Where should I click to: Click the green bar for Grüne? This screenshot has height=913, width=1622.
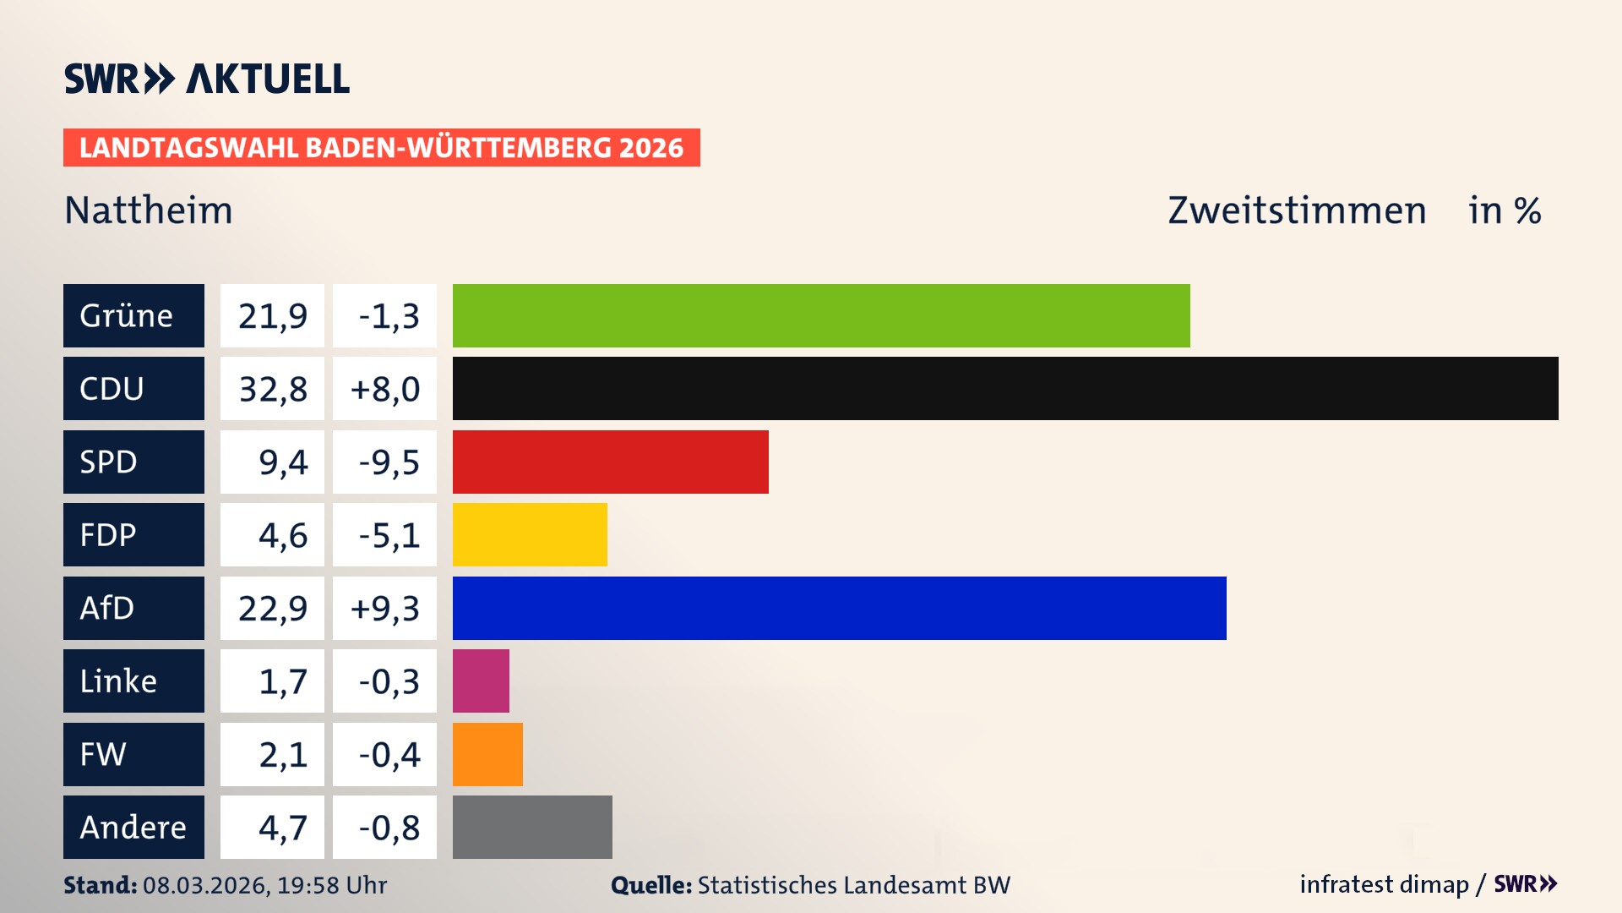tap(821, 315)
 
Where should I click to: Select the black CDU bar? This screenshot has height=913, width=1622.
tap(1005, 389)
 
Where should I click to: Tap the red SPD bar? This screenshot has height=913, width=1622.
tap(610, 462)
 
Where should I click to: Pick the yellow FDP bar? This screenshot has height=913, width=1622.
tap(530, 535)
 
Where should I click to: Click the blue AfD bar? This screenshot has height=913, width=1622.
tap(839, 608)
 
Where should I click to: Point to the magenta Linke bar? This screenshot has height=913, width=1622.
tap(481, 681)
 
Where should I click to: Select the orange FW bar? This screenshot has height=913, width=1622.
tap(487, 754)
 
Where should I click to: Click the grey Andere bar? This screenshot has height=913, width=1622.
tap(532, 827)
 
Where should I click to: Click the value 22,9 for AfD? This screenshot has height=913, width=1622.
tap(272, 608)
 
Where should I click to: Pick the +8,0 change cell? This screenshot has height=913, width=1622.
tap(385, 389)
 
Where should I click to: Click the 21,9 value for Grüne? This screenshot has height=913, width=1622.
tap(272, 315)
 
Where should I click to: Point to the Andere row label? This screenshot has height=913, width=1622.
tap(133, 827)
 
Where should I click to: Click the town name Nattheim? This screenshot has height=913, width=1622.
tap(149, 210)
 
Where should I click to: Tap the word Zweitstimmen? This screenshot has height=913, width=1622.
tap(1297, 210)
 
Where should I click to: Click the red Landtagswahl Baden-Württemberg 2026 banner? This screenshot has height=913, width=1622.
tap(381, 147)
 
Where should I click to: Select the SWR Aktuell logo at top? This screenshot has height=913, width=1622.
tap(207, 79)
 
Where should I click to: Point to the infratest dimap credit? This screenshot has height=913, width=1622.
tap(1384, 884)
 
